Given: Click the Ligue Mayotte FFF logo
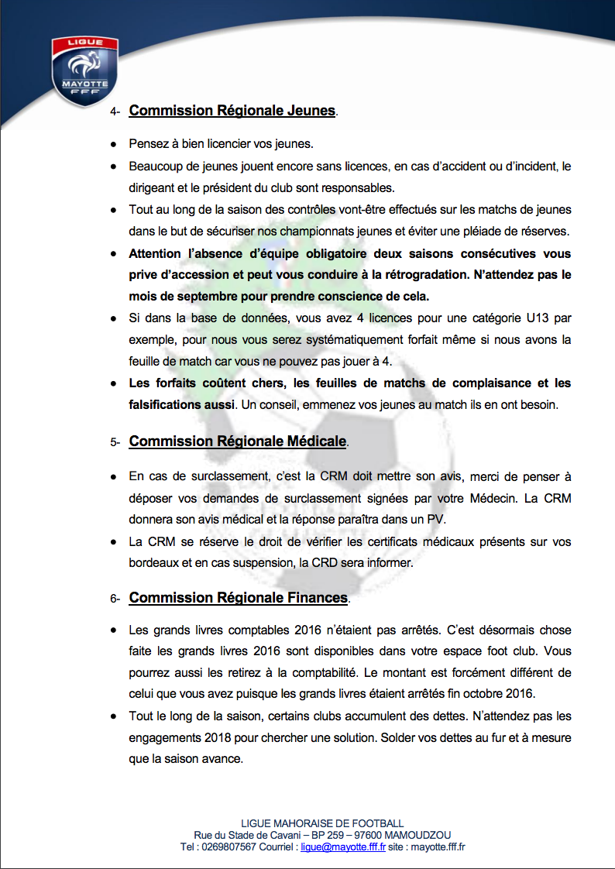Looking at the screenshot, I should point(86,70).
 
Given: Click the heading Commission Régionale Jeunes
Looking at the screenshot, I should point(232,111).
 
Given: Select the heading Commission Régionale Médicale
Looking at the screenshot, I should point(237,441).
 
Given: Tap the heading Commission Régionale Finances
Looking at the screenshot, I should point(238,598).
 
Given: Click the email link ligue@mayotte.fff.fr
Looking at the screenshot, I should point(343,847).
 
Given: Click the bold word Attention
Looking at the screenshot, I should point(158,254).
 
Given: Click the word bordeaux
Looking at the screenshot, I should point(154,564).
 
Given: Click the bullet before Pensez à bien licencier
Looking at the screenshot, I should point(113,145).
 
